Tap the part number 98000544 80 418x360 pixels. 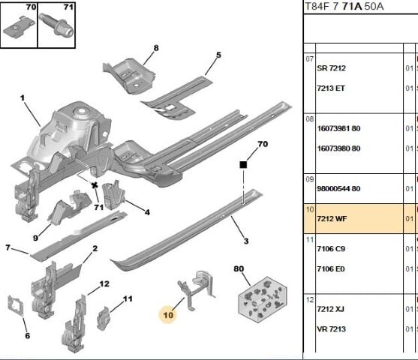pos(338,188)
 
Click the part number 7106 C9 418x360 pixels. pos(331,248)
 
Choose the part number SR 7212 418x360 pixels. pos(331,68)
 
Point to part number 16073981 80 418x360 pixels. pos(338,128)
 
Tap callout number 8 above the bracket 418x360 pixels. pos(156,49)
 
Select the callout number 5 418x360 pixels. pos(218,55)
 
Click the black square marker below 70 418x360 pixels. pos(243,164)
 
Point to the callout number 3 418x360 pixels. pos(245,240)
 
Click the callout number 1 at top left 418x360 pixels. pos(23,98)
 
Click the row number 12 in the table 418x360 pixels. pos(309,300)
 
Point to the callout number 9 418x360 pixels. pos(35,238)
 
